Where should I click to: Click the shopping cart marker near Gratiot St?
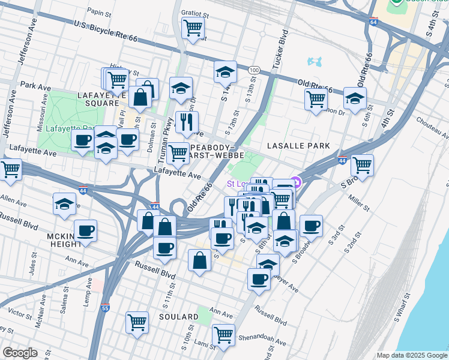193,28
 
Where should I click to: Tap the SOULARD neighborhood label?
179,316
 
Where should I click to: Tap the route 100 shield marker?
255,70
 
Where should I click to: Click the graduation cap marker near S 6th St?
355,98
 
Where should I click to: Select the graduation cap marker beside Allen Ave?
65,204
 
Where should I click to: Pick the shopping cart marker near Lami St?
223,334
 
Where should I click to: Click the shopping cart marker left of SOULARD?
137,322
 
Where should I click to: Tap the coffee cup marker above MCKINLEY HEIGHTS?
85,230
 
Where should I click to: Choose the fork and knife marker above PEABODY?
187,122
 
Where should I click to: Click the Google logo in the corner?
20,353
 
